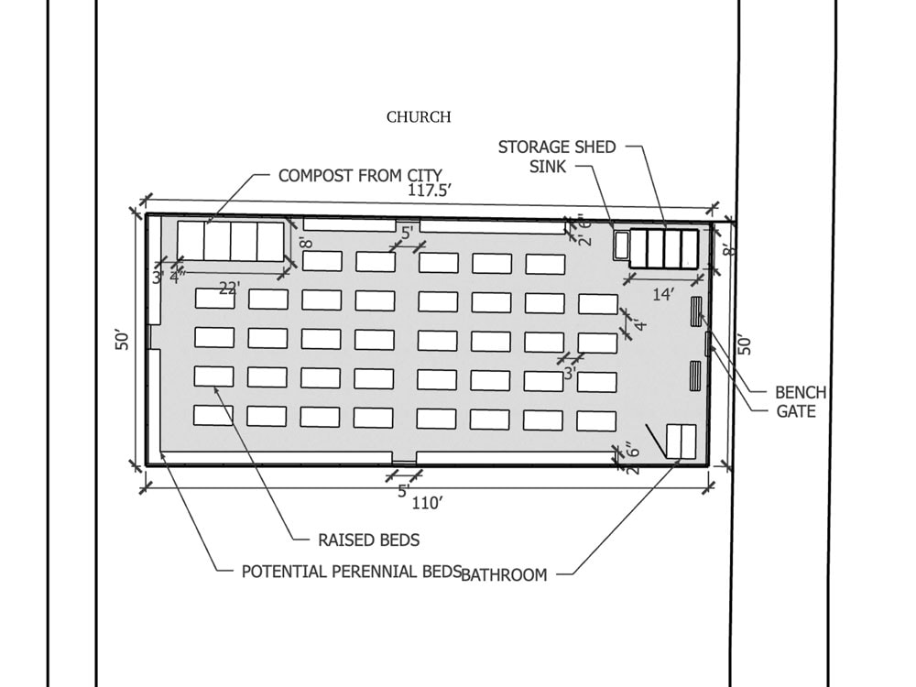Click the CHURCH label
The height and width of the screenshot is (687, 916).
click(419, 117)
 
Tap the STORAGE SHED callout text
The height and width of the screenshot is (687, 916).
click(557, 147)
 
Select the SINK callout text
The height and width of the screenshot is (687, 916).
click(548, 167)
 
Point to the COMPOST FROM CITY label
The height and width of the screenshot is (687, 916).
click(360, 175)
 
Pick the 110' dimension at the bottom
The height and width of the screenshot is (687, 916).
click(427, 502)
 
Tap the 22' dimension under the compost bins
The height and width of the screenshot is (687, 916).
click(229, 288)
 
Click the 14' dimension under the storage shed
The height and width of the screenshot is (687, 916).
click(663, 294)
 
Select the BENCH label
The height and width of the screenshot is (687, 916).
click(800, 393)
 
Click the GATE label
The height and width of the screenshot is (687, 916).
click(795, 411)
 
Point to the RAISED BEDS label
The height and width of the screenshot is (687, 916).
click(368, 540)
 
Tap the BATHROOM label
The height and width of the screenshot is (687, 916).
click(504, 575)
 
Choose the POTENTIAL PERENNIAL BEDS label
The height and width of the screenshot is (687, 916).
click(351, 572)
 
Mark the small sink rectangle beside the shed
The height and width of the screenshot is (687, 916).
click(621, 245)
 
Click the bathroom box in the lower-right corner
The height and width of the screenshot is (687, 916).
click(681, 442)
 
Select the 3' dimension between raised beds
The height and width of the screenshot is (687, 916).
click(569, 373)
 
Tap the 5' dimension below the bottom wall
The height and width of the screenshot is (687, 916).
click(403, 491)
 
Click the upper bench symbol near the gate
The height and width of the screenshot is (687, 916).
click(694, 310)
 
